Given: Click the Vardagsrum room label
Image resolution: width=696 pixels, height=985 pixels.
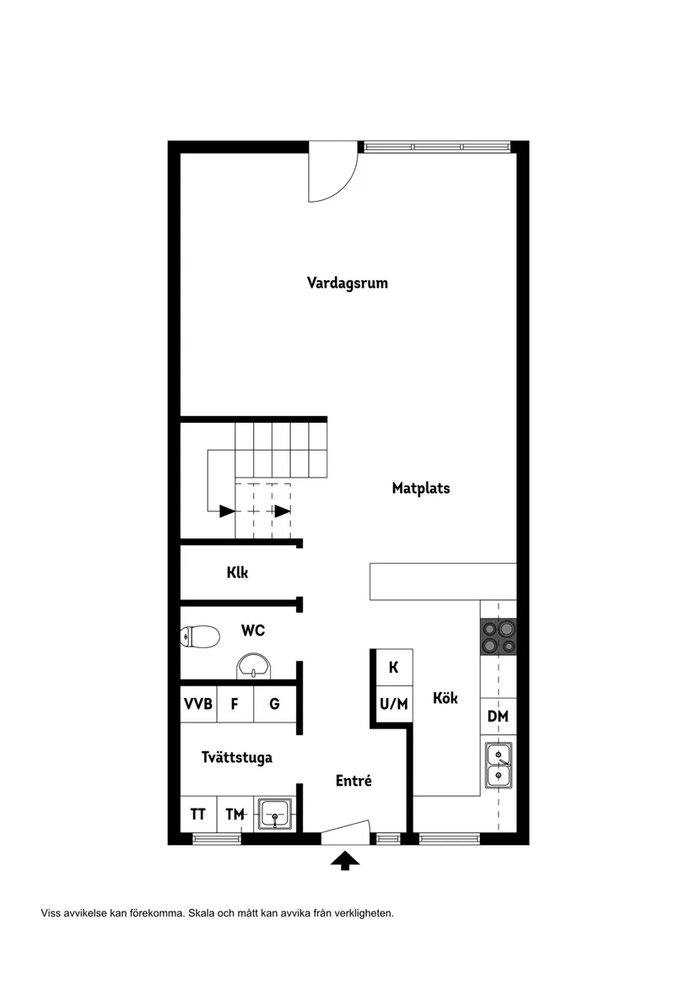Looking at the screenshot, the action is coord(348,283).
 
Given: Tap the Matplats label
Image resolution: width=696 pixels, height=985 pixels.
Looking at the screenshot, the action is coord(421,488).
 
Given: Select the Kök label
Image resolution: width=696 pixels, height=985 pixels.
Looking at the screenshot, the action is coord(445,698).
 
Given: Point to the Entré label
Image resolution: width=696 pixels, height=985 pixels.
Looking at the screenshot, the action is coord(353,780).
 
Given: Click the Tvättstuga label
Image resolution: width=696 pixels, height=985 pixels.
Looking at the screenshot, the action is coord(237,757).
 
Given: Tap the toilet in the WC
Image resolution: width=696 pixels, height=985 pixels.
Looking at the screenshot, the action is coord(200,637).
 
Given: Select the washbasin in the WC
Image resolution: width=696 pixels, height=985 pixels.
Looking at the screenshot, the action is coord(254,666).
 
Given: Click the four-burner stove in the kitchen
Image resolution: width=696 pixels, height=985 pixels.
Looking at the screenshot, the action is coord(499,636).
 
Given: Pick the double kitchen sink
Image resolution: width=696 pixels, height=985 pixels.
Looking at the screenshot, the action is coord(499,766).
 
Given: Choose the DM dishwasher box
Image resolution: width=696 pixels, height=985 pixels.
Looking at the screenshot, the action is coord(499,716).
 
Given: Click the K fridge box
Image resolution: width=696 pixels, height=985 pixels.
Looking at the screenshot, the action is coord(394,667).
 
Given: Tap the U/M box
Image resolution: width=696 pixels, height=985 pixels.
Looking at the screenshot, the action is coord(394,704).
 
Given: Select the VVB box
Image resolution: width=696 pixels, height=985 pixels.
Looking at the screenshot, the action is coord(198,704).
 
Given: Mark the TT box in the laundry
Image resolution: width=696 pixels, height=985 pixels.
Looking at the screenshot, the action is coord(198,815).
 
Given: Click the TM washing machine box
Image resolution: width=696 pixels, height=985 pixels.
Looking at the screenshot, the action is coord(235,815).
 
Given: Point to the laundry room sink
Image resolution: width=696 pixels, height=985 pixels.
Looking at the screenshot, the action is coord(274,815).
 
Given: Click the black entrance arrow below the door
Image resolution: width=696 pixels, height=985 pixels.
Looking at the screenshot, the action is coord(345,861).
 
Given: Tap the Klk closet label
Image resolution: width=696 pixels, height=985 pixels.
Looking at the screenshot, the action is coord(237,572).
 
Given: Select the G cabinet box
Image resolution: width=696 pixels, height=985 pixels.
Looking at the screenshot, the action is coord(274,704).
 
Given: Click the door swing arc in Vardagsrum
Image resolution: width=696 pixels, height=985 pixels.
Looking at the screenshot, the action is coord(343,188).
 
